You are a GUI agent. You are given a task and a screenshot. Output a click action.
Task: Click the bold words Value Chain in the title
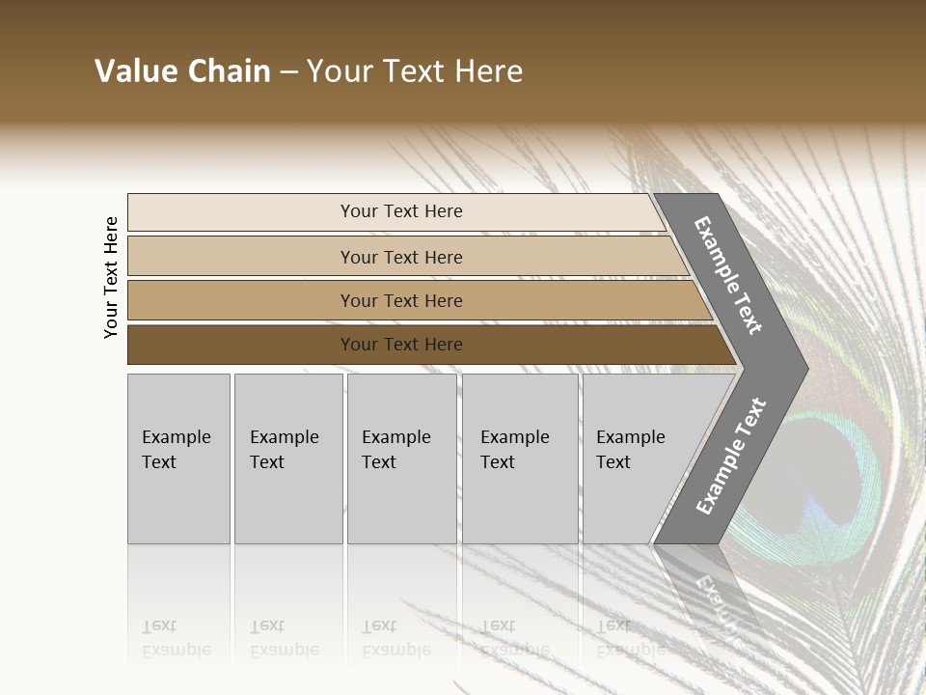182,71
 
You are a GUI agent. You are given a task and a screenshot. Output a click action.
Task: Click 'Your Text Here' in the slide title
415,71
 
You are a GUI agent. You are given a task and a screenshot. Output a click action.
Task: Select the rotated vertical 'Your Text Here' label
111,277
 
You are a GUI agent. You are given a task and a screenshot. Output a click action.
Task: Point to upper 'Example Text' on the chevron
728,275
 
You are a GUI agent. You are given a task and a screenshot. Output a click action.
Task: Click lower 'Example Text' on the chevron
730,456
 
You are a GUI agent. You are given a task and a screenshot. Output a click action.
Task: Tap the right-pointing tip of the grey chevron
801,369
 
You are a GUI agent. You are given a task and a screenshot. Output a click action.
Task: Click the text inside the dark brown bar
401,345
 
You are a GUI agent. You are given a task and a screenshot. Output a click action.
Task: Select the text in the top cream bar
401,211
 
